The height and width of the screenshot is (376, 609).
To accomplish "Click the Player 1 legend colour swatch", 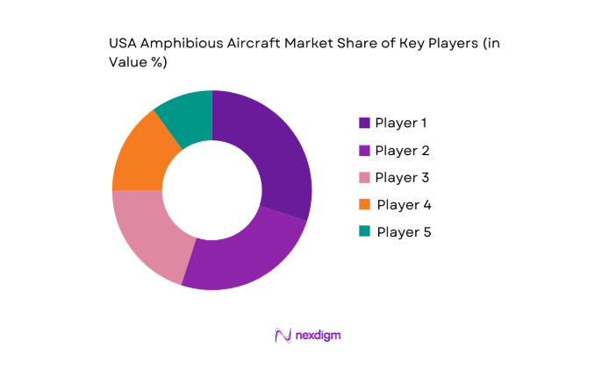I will pos(364,123).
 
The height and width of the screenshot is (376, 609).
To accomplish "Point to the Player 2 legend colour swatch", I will pos(364,150).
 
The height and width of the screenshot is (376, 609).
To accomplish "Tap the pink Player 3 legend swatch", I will pos(364,177).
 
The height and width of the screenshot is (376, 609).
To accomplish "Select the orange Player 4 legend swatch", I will pos(364,205).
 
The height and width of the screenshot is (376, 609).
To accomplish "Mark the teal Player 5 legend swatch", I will pos(364,232).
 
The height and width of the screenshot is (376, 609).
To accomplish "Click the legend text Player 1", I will pos(401,123).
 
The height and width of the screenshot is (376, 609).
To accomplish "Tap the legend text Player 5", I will pos(404,232).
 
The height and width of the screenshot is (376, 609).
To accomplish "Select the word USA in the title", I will pos(123,43).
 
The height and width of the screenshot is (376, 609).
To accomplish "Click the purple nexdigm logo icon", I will pos(283,335).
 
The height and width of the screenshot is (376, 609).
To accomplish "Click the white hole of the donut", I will pos(211,189).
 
